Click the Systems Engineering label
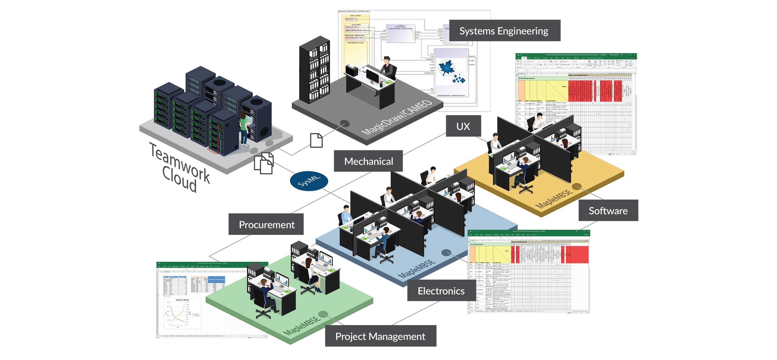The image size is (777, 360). [504, 31]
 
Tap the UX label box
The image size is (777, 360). [463, 126]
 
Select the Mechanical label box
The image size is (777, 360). [368, 161]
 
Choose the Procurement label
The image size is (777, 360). [266, 224]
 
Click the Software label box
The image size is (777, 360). [608, 211]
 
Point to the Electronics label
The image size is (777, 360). [441, 291]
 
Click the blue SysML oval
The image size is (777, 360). [309, 181]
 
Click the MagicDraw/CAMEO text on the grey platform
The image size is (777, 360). [397, 118]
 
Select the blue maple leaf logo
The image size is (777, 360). [446, 68]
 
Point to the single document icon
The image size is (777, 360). [316, 140]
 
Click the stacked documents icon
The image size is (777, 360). [264, 163]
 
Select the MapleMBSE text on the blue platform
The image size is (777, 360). [417, 268]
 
